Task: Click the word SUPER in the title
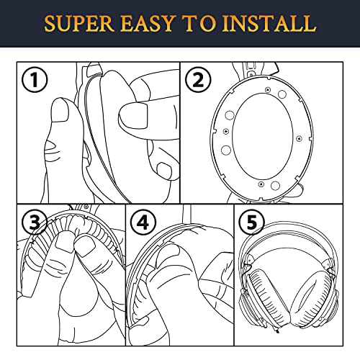coord(78,24)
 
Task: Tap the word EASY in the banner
coord(147,24)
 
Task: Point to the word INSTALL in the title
coord(269,24)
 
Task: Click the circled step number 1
coord(35,79)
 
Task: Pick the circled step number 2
coord(198,79)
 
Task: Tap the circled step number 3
coord(35,222)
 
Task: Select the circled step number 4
coord(143,222)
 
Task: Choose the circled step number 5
coord(252,222)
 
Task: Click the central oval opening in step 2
coord(264,137)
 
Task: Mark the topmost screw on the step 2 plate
coord(268,90)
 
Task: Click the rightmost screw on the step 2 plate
coord(299,138)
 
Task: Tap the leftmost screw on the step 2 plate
coord(226,131)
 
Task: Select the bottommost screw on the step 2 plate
coord(261,184)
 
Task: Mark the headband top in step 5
coord(288,225)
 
